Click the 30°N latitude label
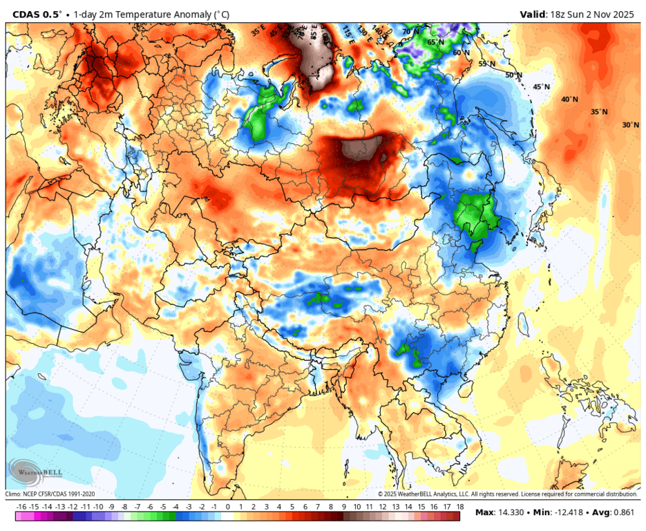tap(630, 125)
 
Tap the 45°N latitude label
tap(541, 87)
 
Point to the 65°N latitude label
tap(435, 42)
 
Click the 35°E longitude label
tap(258, 31)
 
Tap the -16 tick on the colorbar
tap(21, 507)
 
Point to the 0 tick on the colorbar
tap(228, 507)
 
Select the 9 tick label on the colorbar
tap(344, 507)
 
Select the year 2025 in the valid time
tap(620, 14)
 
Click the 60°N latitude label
tap(461, 53)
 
